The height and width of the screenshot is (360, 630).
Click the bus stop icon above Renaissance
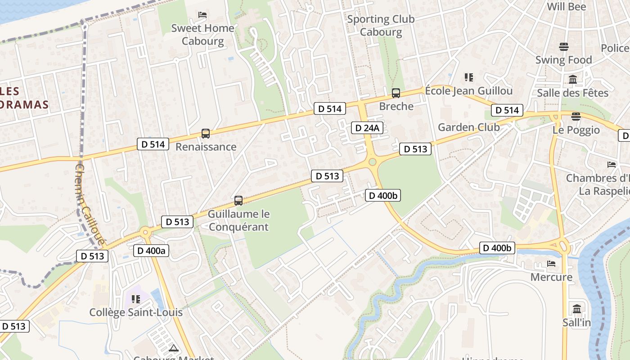(x=206, y=134)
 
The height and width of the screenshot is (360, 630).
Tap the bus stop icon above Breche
(x=396, y=93)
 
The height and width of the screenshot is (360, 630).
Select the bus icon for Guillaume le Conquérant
(x=238, y=201)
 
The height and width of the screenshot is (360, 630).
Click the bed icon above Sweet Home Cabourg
(x=202, y=15)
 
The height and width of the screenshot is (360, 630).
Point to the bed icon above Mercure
(x=551, y=264)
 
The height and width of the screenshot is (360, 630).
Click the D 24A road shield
(x=367, y=128)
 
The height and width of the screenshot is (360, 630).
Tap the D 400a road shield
(x=151, y=251)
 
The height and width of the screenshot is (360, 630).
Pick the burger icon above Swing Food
(x=564, y=47)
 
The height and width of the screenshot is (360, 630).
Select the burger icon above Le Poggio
(x=576, y=117)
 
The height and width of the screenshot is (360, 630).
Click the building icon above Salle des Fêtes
(x=573, y=80)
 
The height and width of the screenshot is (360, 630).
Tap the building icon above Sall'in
(x=577, y=309)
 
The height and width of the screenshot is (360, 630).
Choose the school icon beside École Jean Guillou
(x=469, y=77)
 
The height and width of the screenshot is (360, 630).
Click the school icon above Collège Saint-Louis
(x=136, y=299)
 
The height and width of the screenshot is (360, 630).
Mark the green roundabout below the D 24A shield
(x=372, y=162)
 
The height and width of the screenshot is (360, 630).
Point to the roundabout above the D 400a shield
(x=145, y=233)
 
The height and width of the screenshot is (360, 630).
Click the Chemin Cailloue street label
(x=90, y=205)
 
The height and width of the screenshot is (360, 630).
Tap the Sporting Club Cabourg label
(x=381, y=25)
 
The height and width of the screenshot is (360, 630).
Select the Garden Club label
(x=468, y=127)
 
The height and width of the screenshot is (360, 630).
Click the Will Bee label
(x=566, y=7)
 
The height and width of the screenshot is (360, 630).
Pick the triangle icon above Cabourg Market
(x=174, y=348)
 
